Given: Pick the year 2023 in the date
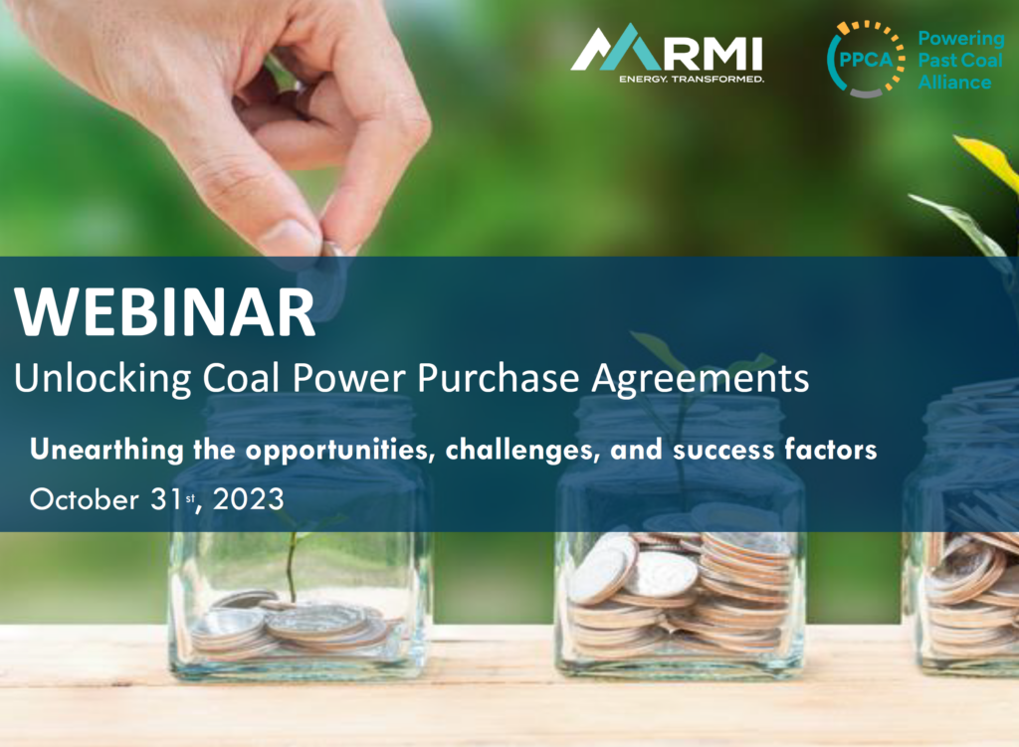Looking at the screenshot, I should point(248,498).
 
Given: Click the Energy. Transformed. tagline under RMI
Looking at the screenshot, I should point(691,78).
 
